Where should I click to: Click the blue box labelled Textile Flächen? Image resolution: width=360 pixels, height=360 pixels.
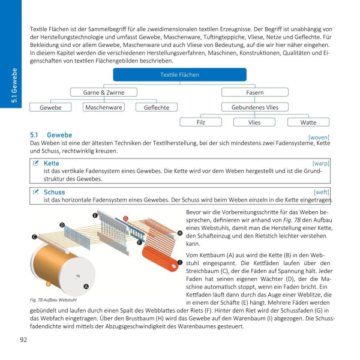pyautogui.click(x=179, y=74)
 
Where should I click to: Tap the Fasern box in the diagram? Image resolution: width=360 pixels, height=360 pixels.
pyautogui.click(x=255, y=92)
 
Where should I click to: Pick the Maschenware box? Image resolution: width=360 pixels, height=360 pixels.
pyautogui.click(x=104, y=107)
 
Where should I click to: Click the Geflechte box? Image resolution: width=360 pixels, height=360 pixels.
pyautogui.click(x=156, y=107)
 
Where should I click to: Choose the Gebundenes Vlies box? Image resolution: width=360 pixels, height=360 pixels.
pyautogui.click(x=255, y=107)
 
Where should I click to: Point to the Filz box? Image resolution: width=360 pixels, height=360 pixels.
pyautogui.click(x=200, y=122)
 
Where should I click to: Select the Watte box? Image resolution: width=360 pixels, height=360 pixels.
pyautogui.click(x=308, y=122)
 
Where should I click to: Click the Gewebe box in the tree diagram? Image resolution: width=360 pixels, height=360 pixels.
pyautogui.click(x=50, y=107)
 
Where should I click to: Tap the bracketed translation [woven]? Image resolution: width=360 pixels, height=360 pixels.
pyautogui.click(x=319, y=137)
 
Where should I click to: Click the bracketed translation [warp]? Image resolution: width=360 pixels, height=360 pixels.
pyautogui.click(x=321, y=163)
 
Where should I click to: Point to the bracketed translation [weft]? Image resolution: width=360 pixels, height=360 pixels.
pyautogui.click(x=322, y=192)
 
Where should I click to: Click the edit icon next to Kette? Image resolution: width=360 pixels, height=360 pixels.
pyautogui.click(x=36, y=163)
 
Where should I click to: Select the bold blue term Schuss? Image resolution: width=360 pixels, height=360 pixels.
pyautogui.click(x=54, y=192)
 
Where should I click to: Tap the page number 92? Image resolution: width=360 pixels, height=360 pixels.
pyautogui.click(x=23, y=340)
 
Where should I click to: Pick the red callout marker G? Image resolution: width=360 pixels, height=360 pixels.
pyautogui.click(x=125, y=218)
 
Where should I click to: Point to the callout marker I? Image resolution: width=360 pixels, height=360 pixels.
pyautogui.click(x=180, y=263)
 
